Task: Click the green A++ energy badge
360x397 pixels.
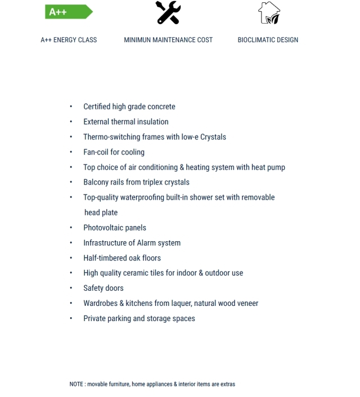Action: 67,11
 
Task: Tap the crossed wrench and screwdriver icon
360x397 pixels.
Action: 169,12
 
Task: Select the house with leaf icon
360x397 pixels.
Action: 268,12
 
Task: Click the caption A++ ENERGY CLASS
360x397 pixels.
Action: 69,40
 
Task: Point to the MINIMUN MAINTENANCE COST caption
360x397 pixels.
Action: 168,40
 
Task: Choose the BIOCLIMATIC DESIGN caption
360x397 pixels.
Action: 268,40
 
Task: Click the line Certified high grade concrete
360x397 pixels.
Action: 129,106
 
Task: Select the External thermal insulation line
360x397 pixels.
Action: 126,121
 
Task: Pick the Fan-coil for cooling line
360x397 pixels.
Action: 114,152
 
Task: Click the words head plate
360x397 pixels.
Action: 101,213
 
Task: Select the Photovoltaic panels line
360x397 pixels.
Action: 115,227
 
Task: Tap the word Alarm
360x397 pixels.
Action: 133,242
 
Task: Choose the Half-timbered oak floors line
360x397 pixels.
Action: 122,258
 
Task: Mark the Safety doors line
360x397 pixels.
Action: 103,288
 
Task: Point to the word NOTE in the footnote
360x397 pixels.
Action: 76,384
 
